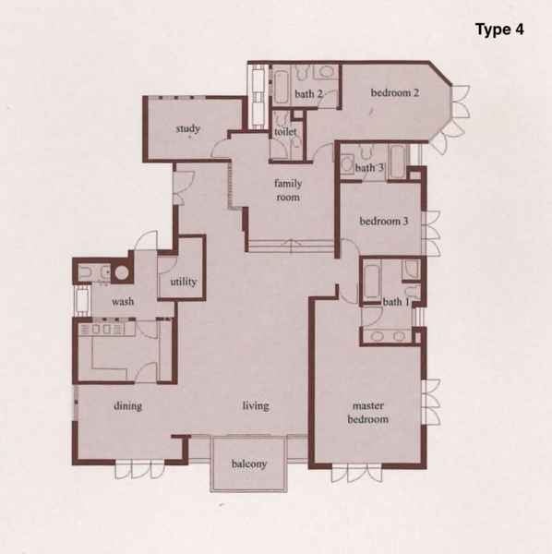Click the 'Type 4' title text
(x=499, y=30)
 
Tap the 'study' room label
(x=188, y=128)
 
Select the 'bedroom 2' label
(x=394, y=92)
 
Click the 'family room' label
(x=288, y=190)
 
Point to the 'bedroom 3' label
(x=384, y=222)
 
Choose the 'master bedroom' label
(x=368, y=413)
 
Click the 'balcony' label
(x=249, y=464)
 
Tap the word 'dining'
(x=128, y=406)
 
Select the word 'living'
(x=256, y=406)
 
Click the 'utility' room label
(x=184, y=282)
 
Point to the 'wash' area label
(x=123, y=302)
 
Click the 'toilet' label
(x=285, y=132)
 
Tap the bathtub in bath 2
(x=282, y=88)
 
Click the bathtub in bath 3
(x=398, y=163)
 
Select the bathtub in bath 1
(x=371, y=282)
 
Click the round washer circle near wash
(x=122, y=272)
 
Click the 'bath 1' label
(x=396, y=302)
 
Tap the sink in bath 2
(x=326, y=72)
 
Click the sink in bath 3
(x=347, y=164)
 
